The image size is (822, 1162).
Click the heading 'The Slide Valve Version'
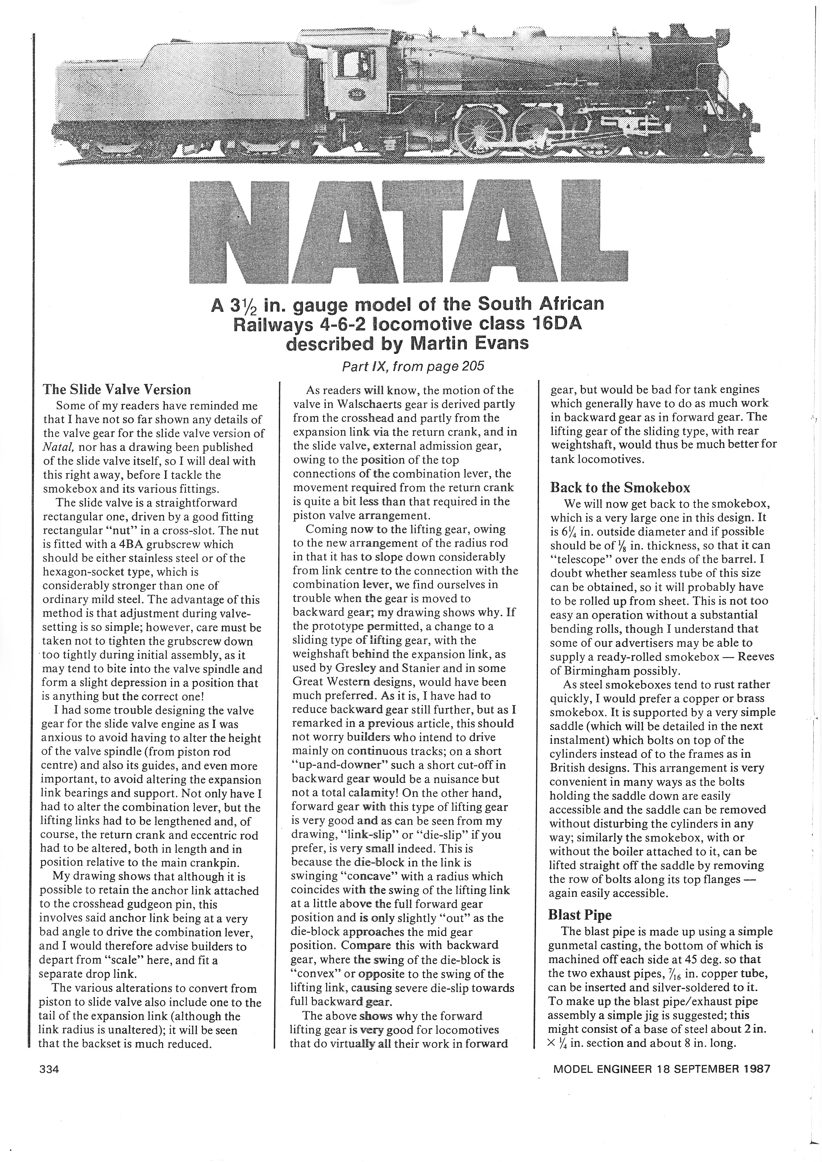[117, 390]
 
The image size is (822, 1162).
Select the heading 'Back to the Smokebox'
[620, 487]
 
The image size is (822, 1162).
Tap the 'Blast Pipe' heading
[580, 915]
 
